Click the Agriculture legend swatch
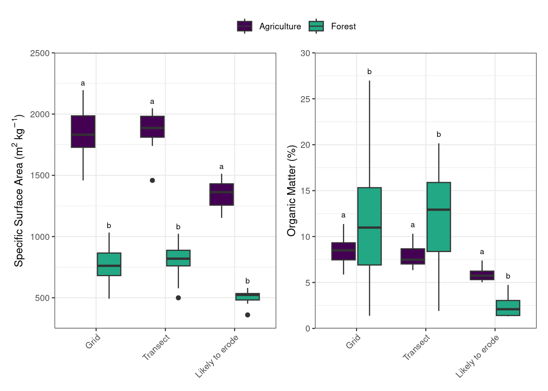245,26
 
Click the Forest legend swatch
316,26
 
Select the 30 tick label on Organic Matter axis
305,53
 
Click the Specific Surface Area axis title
19,191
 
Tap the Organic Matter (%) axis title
292,191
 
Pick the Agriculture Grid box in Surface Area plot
83,132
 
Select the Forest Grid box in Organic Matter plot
369,226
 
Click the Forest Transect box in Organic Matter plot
439,217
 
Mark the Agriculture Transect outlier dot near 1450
152,180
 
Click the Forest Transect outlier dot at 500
178,298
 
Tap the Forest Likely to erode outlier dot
247,315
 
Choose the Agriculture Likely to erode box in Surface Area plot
222,194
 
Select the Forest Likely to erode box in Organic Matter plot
508,308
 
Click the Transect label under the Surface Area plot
156,347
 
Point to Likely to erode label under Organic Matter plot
477,356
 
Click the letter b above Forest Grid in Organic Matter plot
369,72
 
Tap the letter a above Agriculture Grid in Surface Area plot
83,83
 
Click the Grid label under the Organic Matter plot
353,341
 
